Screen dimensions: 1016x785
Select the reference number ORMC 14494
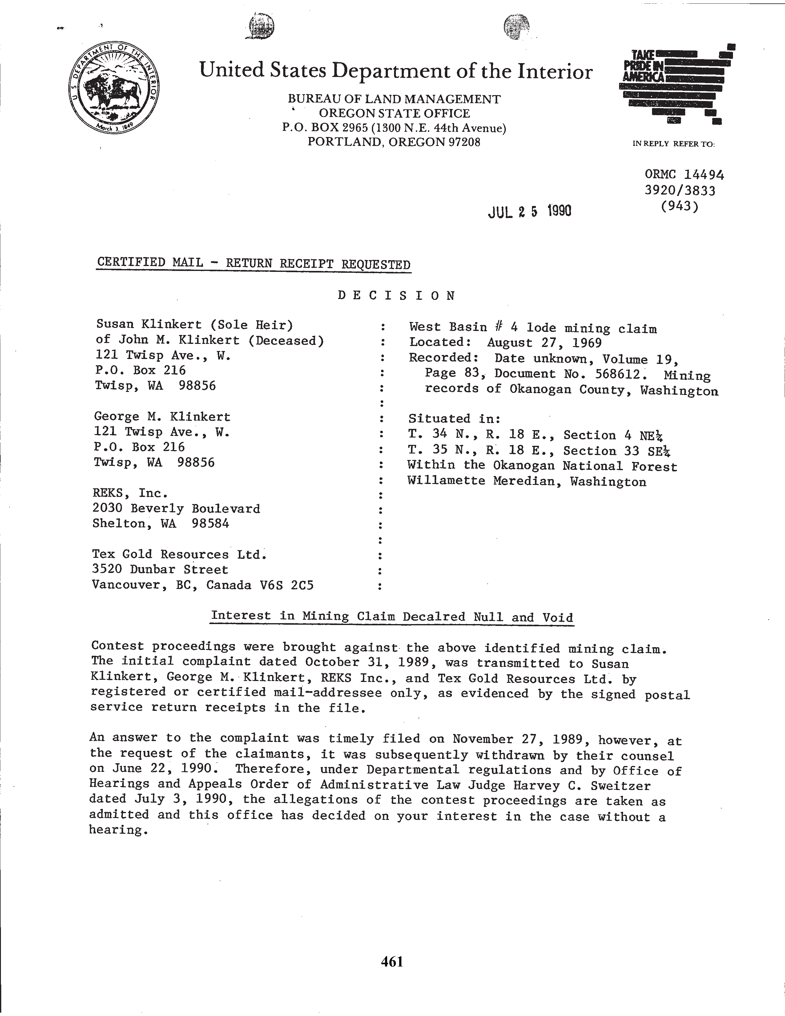pos(684,175)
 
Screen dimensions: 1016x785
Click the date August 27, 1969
pos(544,343)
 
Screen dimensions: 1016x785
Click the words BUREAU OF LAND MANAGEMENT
pos(394,99)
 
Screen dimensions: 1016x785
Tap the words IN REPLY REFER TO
pos(673,144)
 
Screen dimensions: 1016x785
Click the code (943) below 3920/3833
pos(679,206)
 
